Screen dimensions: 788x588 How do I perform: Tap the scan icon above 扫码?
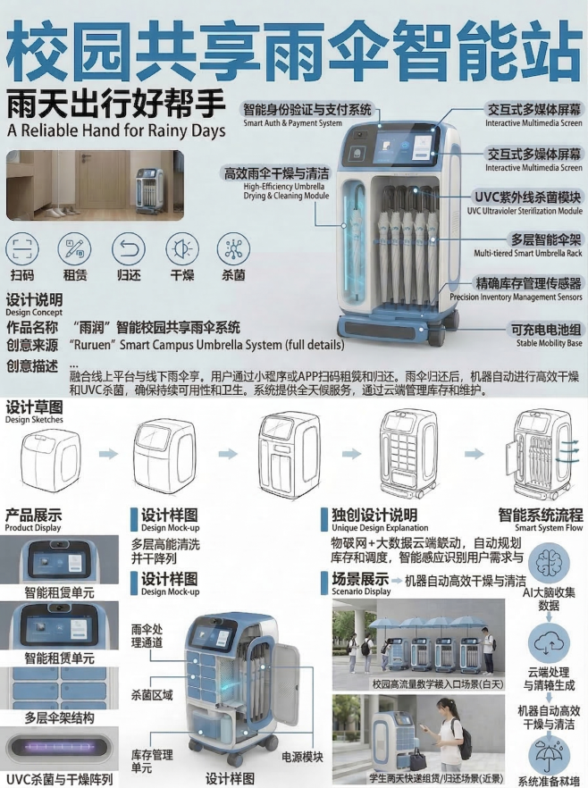click(22, 247)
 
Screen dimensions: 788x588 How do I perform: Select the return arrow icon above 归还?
click(129, 247)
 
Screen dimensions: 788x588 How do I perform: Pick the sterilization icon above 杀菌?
click(234, 247)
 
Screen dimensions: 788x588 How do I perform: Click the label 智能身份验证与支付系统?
click(306, 109)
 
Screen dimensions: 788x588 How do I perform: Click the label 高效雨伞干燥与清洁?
click(276, 172)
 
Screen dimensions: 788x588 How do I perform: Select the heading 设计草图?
click(34, 407)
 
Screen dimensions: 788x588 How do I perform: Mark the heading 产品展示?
click(33, 516)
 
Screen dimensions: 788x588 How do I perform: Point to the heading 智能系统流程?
click(540, 516)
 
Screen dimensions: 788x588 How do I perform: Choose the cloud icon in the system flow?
click(551, 641)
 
